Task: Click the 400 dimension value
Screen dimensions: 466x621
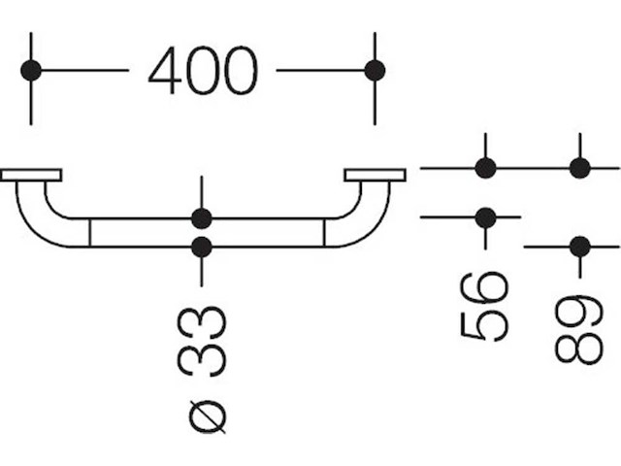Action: (203, 71)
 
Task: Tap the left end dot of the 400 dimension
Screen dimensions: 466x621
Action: (31, 70)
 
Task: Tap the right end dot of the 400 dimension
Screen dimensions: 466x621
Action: (375, 70)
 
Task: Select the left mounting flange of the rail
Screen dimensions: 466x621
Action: (31, 175)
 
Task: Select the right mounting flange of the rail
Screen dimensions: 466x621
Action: (375, 175)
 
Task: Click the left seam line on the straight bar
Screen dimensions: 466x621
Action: (89, 232)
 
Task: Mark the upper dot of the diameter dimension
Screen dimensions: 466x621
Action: (201, 217)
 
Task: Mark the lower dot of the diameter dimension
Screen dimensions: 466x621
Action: (201, 248)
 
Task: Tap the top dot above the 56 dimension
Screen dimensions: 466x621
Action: (486, 168)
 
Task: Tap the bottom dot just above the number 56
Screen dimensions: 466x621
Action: (486, 216)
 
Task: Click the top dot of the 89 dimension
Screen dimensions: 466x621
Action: (580, 168)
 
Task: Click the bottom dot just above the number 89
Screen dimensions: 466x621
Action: (580, 247)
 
